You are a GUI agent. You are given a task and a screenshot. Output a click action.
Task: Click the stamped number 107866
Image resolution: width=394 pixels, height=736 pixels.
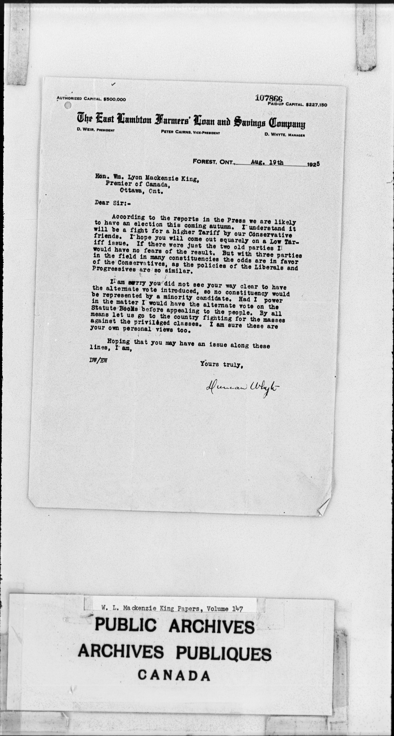click(x=269, y=98)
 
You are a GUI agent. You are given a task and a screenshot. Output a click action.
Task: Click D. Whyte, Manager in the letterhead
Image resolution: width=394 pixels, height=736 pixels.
click(x=285, y=135)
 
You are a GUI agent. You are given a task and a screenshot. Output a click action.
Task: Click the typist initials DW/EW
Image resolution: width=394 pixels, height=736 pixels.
click(x=98, y=361)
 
